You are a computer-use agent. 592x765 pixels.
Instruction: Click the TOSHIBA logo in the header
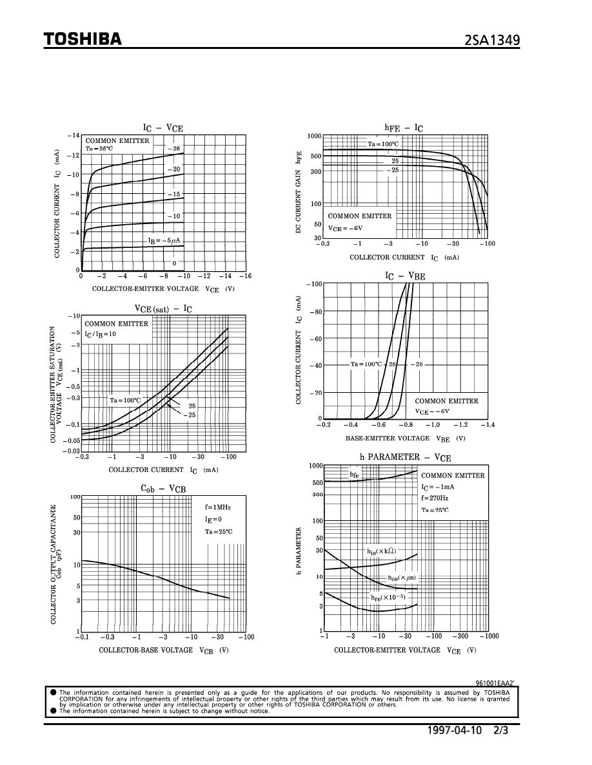(83, 39)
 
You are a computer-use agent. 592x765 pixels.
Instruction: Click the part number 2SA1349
(492, 41)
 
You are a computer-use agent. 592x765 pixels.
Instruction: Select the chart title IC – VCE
(163, 127)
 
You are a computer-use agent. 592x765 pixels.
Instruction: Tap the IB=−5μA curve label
(164, 241)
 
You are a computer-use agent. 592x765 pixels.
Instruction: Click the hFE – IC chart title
(404, 127)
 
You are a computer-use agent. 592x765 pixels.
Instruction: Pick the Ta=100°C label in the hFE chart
(383, 144)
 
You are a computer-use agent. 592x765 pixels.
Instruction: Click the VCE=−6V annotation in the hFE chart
(346, 228)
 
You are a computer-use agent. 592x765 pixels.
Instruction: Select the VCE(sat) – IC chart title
(163, 308)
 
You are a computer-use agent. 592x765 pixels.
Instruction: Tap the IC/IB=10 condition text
(101, 334)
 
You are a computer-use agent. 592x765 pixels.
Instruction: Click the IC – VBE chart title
(405, 276)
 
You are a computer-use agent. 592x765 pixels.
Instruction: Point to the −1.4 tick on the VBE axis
(486, 425)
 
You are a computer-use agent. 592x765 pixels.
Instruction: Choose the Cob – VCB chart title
(163, 489)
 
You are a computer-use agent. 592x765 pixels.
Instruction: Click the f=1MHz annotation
(217, 507)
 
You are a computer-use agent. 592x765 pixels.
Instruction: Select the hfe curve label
(354, 475)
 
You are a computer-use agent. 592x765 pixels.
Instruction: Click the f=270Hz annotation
(435, 498)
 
